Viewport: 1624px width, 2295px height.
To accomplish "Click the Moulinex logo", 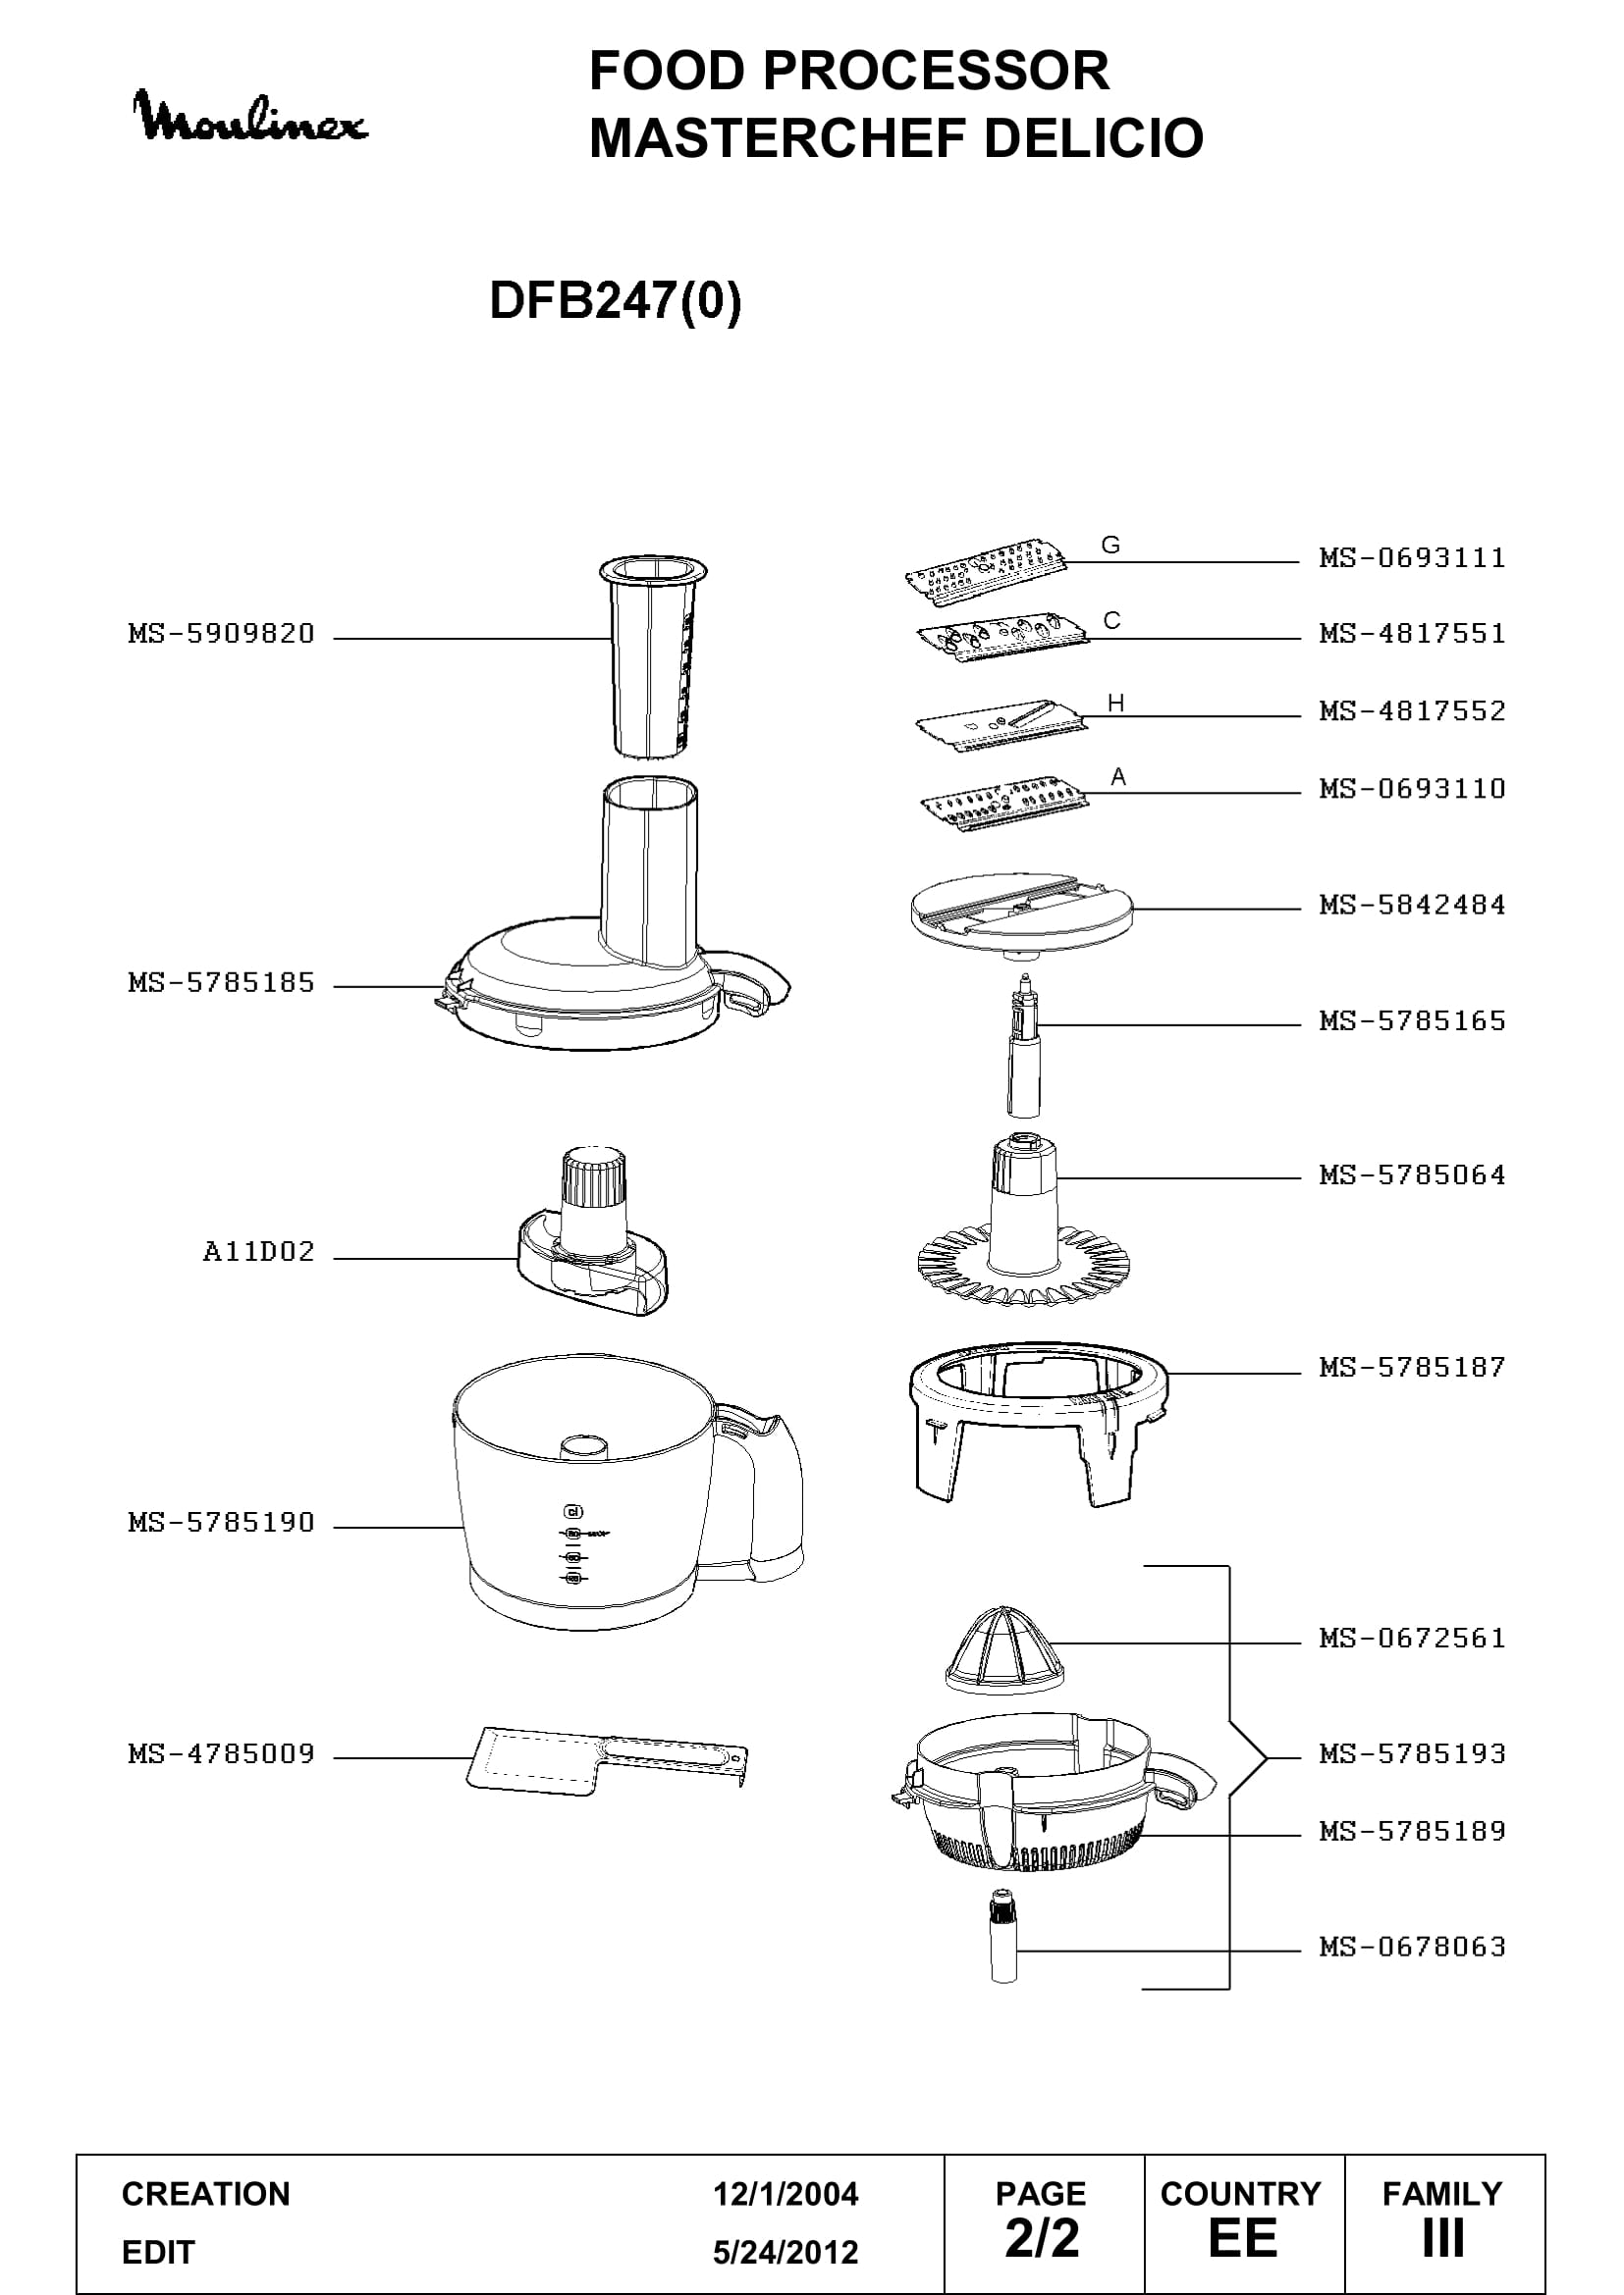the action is tap(250, 117).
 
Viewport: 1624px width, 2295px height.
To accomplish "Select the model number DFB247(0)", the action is tap(615, 300).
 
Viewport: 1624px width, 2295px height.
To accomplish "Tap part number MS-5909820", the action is tap(221, 634).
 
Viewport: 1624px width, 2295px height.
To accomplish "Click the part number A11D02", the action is tap(258, 1251).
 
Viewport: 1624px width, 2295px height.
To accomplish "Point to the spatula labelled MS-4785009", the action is tap(607, 1757).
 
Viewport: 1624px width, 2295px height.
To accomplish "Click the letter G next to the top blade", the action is tap(1110, 545).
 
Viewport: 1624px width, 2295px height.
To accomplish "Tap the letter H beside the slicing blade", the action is tap(1116, 704).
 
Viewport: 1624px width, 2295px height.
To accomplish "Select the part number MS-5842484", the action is tap(1412, 905).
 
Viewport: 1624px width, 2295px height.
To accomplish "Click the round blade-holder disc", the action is tap(1022, 916).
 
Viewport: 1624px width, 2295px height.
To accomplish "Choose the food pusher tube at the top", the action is tap(653, 655).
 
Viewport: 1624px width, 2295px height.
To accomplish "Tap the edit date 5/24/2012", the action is tap(785, 2252).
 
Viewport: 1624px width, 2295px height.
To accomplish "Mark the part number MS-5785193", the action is tap(1412, 1753).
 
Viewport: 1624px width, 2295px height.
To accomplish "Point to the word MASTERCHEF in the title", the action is tap(778, 138).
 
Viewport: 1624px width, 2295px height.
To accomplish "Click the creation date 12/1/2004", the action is tap(785, 2194).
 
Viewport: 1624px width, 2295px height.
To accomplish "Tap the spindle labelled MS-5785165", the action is tap(1023, 1046).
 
